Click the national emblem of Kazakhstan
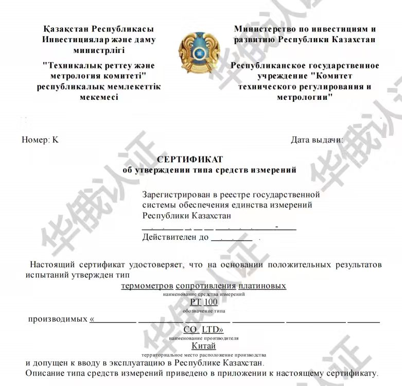click(x=195, y=53)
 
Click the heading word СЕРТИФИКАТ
click(x=190, y=160)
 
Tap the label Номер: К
click(x=40, y=139)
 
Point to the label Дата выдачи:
click(x=317, y=139)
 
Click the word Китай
click(x=203, y=346)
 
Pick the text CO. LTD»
click(x=203, y=329)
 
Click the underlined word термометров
click(x=147, y=286)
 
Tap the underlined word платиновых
click(x=263, y=286)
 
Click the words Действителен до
click(x=175, y=237)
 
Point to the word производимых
click(x=58, y=319)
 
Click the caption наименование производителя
click(x=203, y=338)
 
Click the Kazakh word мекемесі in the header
click(x=99, y=97)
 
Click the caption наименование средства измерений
click(x=203, y=294)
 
